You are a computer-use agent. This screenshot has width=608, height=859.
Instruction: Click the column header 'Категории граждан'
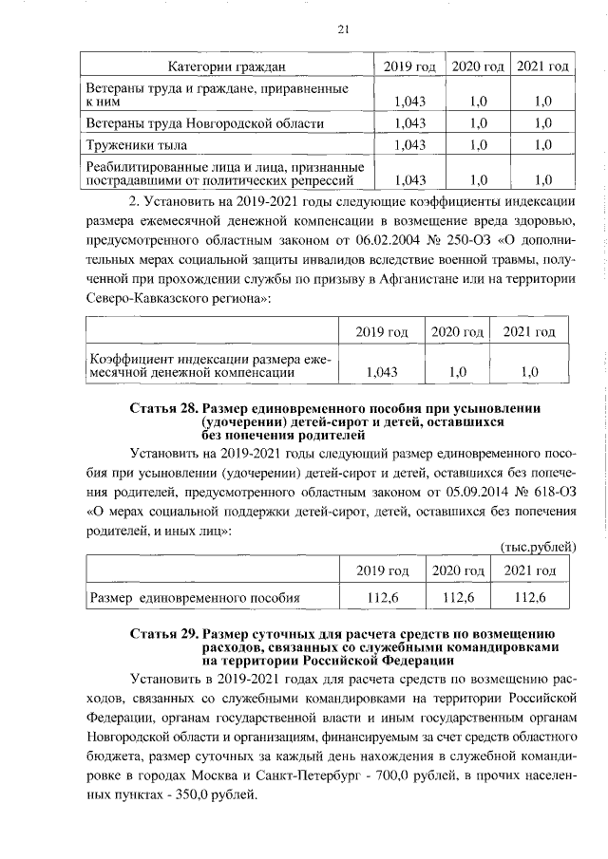coord(226,66)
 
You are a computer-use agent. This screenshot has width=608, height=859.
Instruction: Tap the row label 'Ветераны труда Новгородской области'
coord(206,122)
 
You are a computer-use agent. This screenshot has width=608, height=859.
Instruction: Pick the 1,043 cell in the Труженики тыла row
coord(408,145)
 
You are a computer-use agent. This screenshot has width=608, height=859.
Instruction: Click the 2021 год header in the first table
coord(543,66)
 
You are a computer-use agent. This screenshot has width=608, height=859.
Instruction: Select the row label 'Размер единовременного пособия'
coord(195,598)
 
